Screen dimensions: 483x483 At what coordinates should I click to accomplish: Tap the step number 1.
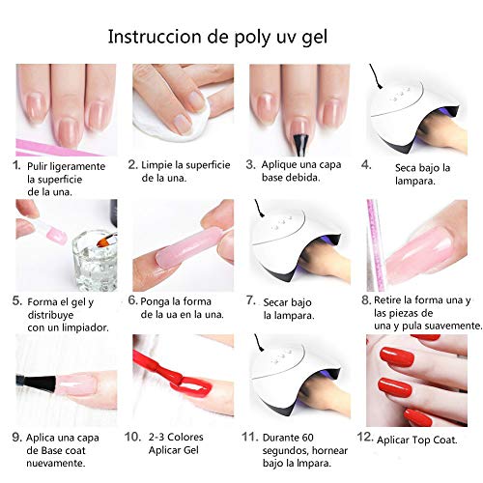click(16, 166)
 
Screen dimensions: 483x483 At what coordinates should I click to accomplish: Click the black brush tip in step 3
click(300, 144)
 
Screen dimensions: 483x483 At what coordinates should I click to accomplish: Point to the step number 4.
click(366, 164)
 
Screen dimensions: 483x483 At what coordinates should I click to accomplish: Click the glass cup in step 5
click(94, 261)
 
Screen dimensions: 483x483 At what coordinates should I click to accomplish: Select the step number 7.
click(251, 300)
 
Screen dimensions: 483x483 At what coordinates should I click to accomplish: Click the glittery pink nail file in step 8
click(375, 245)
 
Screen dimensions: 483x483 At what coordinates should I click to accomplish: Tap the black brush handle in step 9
click(36, 382)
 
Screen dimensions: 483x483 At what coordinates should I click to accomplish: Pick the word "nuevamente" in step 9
click(56, 464)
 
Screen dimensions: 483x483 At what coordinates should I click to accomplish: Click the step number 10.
click(132, 437)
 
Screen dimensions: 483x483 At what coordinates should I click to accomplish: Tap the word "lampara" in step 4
click(414, 182)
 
